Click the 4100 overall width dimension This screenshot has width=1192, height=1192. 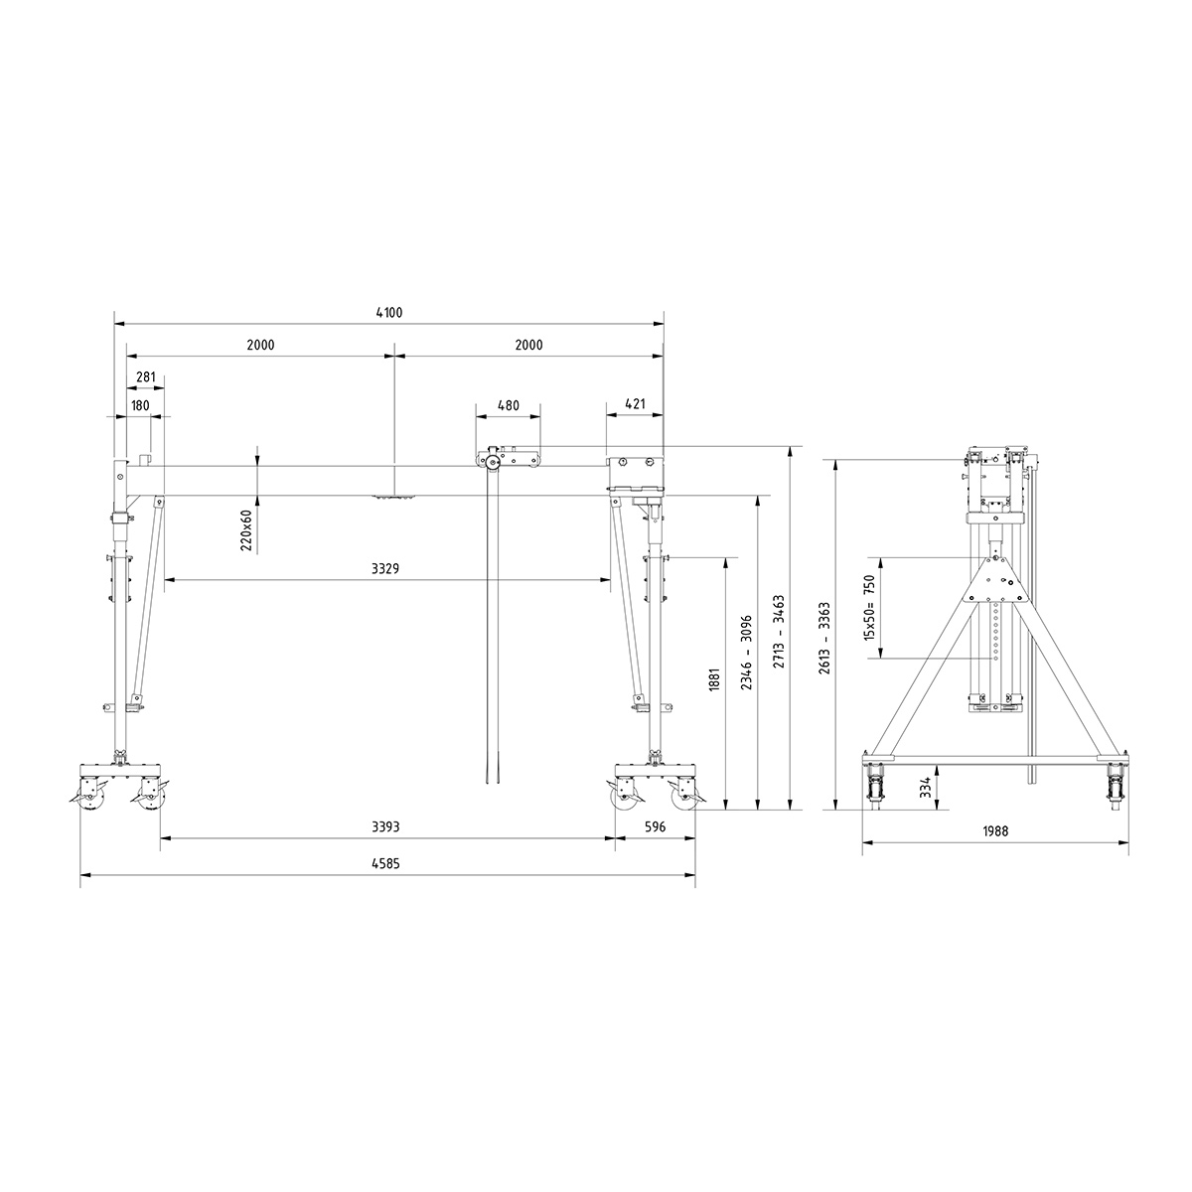(x=389, y=312)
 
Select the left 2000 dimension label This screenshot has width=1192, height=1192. (x=260, y=345)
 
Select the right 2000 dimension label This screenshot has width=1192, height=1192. (x=529, y=345)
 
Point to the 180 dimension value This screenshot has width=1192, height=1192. (x=139, y=404)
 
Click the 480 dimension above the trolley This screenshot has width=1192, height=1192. (x=508, y=404)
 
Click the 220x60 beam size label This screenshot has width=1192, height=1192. (x=246, y=530)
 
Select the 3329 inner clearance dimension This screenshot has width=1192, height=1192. (x=385, y=569)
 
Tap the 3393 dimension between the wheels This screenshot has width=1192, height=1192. (x=385, y=827)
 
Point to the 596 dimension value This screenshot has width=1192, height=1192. (x=654, y=827)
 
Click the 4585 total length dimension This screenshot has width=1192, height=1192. (x=385, y=864)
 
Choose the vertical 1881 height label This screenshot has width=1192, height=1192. (x=715, y=683)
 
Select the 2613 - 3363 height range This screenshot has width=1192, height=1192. (x=823, y=636)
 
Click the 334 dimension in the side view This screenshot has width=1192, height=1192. (x=926, y=787)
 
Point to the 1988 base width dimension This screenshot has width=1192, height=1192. (x=993, y=832)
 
